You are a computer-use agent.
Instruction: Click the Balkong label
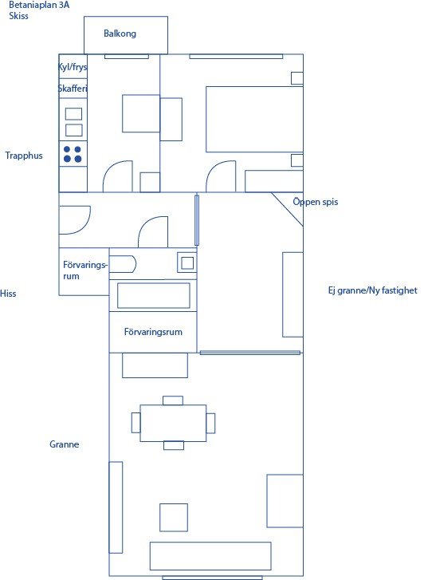coord(120,34)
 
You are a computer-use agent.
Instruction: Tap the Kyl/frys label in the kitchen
coord(73,67)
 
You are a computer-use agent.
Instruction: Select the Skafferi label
coord(73,89)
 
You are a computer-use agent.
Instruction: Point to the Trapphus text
coord(24,156)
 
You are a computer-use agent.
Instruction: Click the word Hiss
coord(8,294)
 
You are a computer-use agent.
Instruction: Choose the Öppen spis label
coord(316,202)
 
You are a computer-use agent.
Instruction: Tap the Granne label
coord(65,444)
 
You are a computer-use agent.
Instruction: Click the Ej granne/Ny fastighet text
coord(372,290)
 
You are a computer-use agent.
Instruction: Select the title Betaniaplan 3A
coord(39,5)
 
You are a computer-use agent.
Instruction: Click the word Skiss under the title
coord(18,16)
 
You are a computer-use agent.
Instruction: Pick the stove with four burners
coord(73,154)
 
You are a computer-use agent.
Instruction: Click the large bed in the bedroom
coord(254,119)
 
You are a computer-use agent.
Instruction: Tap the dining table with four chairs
coord(173,423)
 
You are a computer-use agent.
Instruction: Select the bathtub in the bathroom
coord(153,295)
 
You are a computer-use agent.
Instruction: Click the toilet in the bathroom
coord(123,264)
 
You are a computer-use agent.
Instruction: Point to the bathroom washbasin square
coord(187,262)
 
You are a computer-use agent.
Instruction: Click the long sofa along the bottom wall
coord(210,556)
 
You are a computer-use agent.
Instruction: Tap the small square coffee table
coord(174,518)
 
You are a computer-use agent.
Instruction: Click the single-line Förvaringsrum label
coord(153,332)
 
